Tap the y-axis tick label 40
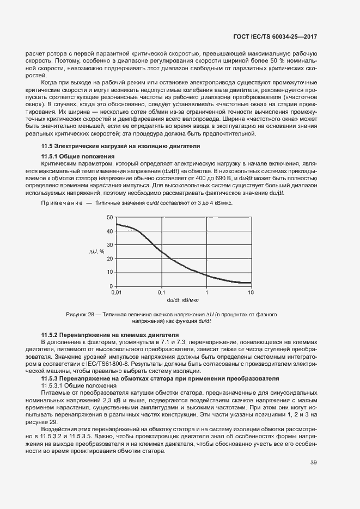(109, 231)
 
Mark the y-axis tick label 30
(109, 245)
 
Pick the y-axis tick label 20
(109, 259)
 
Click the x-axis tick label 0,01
(116, 292)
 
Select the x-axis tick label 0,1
(161, 292)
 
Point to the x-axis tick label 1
(206, 292)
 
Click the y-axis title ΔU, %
(97, 252)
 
